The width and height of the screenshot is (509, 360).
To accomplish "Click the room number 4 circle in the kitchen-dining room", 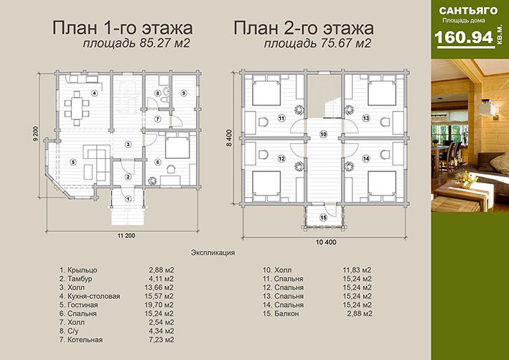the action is tap(94, 93).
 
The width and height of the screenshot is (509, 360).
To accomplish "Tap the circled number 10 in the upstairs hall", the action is tap(323, 134).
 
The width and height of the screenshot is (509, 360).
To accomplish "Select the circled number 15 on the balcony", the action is tap(323, 218).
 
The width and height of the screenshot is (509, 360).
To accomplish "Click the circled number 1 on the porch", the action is tap(129, 198).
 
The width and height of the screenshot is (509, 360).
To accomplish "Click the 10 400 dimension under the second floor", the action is tap(326, 242).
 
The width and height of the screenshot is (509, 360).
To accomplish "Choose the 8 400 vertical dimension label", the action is tap(229, 138).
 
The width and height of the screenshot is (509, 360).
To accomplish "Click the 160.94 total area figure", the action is tap(464, 37).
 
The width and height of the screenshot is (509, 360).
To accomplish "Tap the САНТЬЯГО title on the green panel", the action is tap(468, 11).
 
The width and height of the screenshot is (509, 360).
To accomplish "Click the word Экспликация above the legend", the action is tap(213, 252).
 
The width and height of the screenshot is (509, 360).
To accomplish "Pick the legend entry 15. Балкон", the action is tap(281, 313).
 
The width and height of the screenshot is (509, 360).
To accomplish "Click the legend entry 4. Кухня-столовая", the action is tap(90, 296).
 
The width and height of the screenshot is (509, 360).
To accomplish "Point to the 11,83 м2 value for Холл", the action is tap(357, 270).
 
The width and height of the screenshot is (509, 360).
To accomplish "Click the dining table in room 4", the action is tap(77, 109).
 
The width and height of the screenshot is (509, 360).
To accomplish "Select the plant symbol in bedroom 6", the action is tap(152, 181).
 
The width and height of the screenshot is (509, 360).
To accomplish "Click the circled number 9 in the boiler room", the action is tap(183, 93).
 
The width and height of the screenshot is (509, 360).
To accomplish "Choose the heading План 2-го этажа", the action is tap(304, 28).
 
